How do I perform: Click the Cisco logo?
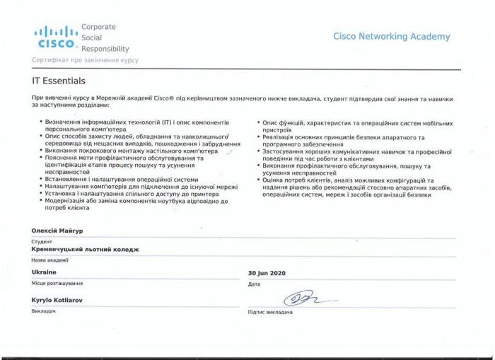[x=57, y=37]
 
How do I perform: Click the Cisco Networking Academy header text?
[x=391, y=37]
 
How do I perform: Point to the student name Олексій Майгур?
[x=57, y=231]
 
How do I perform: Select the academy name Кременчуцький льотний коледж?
[x=86, y=250]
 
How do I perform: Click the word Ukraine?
[x=44, y=272]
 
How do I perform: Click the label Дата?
[x=255, y=284]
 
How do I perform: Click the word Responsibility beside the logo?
[x=105, y=49]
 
